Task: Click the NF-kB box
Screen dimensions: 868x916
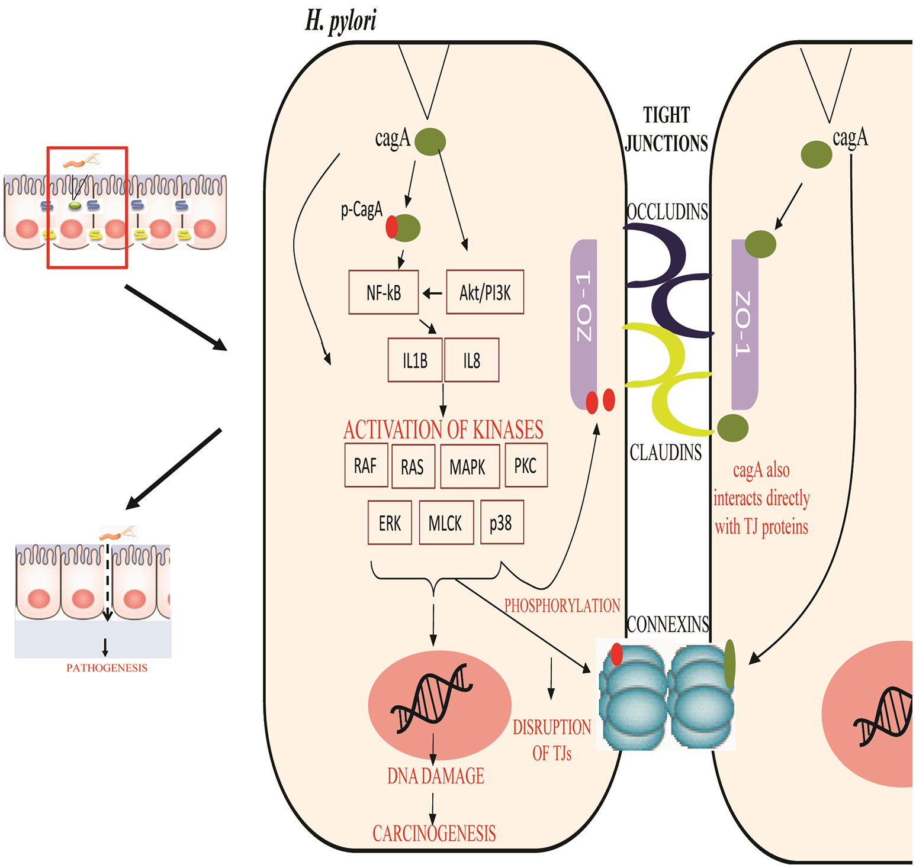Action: (x=384, y=292)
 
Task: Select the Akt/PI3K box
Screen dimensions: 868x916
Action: (x=484, y=292)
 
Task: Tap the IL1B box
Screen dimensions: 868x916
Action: (x=414, y=360)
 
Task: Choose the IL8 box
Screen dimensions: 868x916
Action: (x=471, y=360)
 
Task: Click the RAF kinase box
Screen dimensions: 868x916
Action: (x=366, y=466)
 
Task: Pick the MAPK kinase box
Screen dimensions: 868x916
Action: (x=470, y=467)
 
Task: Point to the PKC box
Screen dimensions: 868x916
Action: (x=526, y=466)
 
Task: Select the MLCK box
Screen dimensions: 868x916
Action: (x=446, y=523)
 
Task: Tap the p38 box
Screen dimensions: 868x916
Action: (x=502, y=522)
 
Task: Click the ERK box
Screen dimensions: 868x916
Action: (x=390, y=523)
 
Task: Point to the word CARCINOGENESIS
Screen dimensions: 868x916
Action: (x=434, y=834)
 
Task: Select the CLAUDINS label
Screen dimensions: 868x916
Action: (x=666, y=453)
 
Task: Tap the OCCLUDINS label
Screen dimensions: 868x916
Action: (x=667, y=212)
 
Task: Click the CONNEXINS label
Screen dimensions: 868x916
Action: (x=668, y=624)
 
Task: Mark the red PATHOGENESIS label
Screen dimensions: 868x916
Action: (x=107, y=668)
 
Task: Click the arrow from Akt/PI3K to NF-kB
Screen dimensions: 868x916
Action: (x=432, y=293)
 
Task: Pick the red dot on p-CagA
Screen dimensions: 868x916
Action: (x=391, y=227)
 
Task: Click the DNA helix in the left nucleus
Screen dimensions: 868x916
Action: (x=431, y=698)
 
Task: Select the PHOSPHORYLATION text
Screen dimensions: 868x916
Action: (x=562, y=605)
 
